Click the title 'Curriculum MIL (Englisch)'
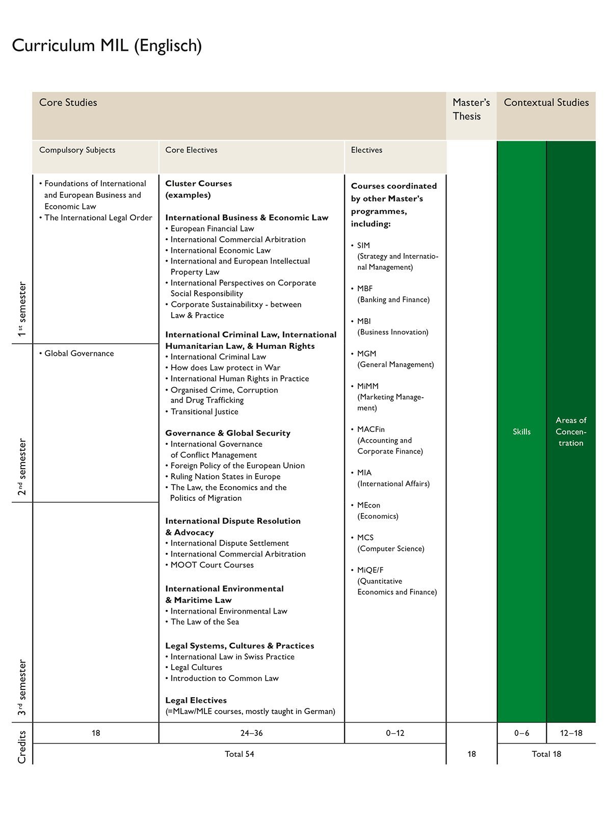107,45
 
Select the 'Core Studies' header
68,103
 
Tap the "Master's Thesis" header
471,109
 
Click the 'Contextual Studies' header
546,103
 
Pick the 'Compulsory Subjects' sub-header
77,150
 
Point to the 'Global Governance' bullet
79,353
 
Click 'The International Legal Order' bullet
98,218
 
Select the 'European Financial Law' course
212,228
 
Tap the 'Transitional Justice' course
204,412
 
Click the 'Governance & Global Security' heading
227,433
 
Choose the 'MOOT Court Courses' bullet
212,565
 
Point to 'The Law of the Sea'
204,622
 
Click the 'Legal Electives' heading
196,700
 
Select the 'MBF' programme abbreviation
365,289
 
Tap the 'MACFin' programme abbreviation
371,429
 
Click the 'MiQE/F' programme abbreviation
370,570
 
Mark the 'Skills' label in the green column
521,431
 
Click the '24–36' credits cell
251,733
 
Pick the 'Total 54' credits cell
239,754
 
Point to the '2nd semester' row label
22,467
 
